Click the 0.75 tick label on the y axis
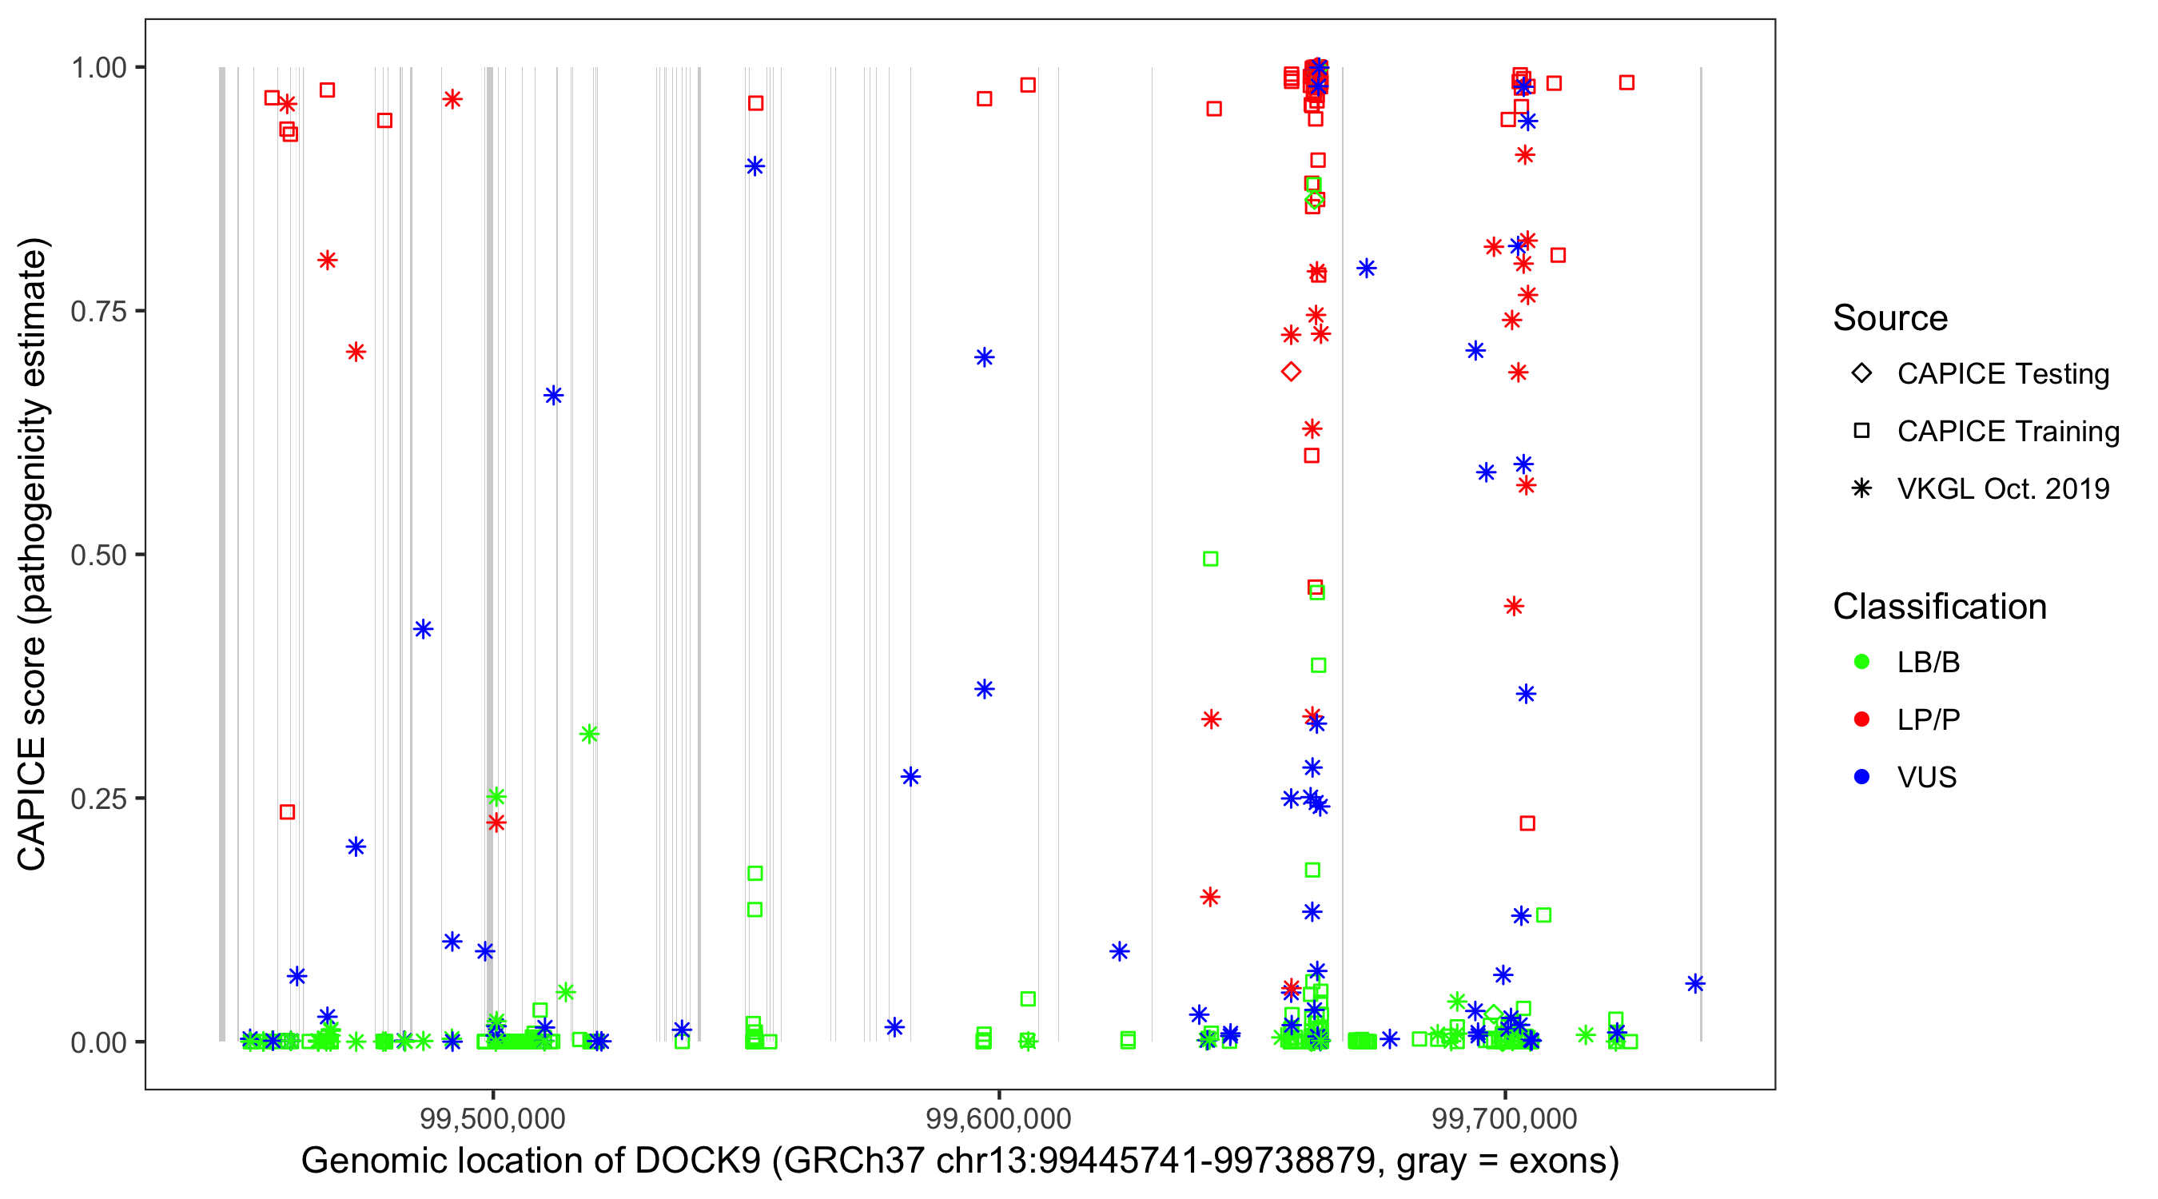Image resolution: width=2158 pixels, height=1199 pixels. click(98, 312)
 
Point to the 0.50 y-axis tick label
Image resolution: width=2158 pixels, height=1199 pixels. click(98, 556)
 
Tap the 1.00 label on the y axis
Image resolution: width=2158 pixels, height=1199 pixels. click(98, 68)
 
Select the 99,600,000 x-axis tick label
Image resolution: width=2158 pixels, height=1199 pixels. click(998, 1118)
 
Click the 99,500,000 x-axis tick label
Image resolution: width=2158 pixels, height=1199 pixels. click(492, 1118)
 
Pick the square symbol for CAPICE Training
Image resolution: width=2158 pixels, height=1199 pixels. click(1861, 432)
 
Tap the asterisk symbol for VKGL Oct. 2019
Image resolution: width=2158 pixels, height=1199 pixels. click(1861, 488)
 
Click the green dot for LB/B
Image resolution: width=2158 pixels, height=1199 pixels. click(1861, 663)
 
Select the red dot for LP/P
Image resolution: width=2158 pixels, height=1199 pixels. click(1861, 719)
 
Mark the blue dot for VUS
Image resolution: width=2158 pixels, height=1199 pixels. click(1861, 778)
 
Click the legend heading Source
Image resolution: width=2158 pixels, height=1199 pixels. click(1890, 318)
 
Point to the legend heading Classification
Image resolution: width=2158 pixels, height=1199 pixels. click(1939, 607)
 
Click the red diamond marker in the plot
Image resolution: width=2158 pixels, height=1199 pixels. click(1291, 372)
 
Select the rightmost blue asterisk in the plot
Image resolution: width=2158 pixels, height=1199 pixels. click(1695, 984)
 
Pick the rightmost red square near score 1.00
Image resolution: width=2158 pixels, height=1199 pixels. click(1626, 83)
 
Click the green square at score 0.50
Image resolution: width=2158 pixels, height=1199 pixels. click(1211, 559)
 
